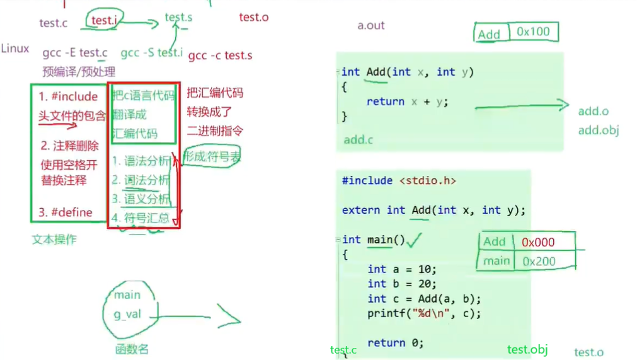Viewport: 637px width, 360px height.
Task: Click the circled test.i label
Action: (x=104, y=21)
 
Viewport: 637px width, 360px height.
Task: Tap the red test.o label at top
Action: (x=253, y=17)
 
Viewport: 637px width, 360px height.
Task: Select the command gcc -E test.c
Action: (x=75, y=53)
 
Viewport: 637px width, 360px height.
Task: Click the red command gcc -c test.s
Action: (x=220, y=55)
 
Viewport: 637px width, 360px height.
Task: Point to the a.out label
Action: (x=370, y=26)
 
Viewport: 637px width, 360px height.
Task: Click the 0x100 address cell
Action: (x=533, y=32)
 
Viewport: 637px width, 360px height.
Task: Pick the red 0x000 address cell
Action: (x=538, y=242)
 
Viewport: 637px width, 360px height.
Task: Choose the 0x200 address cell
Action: (x=539, y=261)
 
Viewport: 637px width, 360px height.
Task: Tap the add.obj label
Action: (x=598, y=131)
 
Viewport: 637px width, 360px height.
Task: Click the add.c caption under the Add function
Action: (x=358, y=140)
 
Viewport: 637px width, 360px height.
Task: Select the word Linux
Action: (x=15, y=49)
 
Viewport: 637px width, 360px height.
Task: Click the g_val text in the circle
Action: (x=128, y=315)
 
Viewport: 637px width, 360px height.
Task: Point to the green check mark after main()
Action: (x=415, y=240)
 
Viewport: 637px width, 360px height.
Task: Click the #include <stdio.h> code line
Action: (x=398, y=181)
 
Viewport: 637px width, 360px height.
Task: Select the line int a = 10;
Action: (x=402, y=269)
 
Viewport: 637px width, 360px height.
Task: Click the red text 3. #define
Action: (x=66, y=212)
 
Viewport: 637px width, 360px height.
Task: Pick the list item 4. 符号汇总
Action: (x=141, y=218)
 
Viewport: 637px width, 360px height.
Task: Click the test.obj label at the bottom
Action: (x=527, y=350)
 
